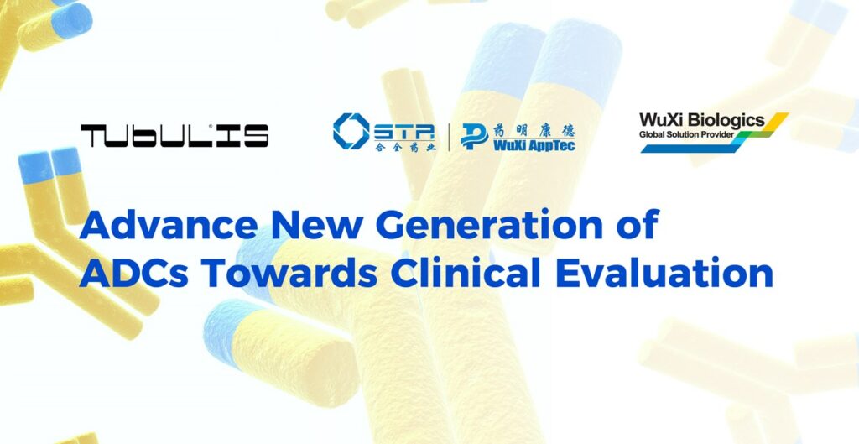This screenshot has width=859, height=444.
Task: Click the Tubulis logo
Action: click(174, 135)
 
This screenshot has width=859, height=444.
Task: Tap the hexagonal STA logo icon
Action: click(351, 131)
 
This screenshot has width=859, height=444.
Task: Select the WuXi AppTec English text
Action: click(534, 146)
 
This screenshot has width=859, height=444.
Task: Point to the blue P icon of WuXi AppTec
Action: click(474, 137)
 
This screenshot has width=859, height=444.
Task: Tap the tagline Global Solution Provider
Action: click(686, 134)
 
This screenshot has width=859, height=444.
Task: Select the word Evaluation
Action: click(664, 273)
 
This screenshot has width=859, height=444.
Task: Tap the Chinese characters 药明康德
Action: click(534, 130)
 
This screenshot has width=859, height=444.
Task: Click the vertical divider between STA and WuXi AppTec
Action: click(450, 137)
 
